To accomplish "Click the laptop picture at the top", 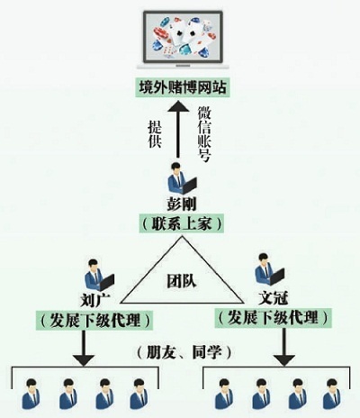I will (x=181, y=41).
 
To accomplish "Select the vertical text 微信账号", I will (x=204, y=131).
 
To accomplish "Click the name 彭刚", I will (x=180, y=204).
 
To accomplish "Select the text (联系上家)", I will (x=181, y=222).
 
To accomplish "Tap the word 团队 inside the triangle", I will (x=181, y=278).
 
